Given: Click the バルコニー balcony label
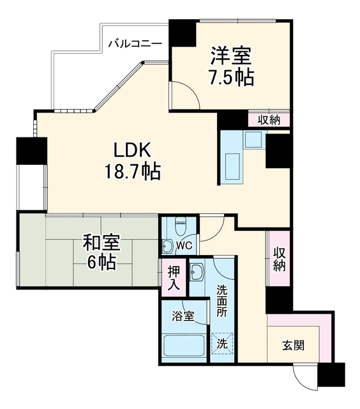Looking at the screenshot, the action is pos(135,43).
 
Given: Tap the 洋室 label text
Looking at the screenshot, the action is pos(231,56).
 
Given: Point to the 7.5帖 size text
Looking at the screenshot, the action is pos(232,77).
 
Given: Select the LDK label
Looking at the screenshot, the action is pos(132,150).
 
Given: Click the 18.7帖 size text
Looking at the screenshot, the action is pos(132,171).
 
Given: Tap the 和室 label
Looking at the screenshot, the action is pos(101,242).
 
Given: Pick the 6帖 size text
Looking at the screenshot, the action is pos(101,263).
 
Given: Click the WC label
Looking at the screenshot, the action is pos(184,245).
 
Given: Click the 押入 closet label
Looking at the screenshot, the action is pos(174,277).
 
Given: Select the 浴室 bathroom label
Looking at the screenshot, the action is pos(183,316).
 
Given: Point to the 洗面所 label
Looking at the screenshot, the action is pos(222,300).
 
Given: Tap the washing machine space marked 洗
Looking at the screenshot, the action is pos(222,344).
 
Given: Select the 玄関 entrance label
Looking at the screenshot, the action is pos(293,346).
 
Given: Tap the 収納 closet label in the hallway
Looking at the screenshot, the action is pos(279,259).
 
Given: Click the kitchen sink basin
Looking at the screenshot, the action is pos(232,166).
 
